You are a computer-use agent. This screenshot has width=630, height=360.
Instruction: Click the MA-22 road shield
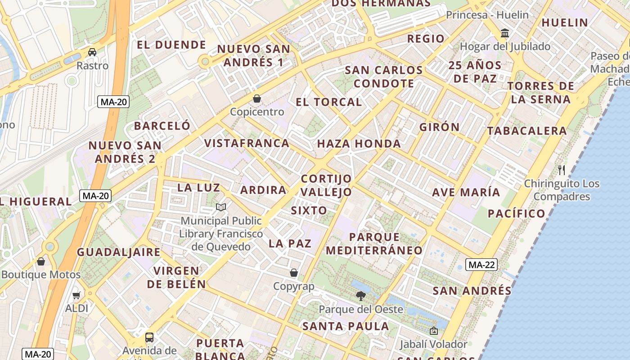(481, 265)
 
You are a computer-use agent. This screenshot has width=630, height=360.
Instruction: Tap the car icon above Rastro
(92, 52)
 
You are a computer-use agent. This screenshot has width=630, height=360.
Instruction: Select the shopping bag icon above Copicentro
(257, 98)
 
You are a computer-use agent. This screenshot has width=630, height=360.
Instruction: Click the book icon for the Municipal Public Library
(221, 207)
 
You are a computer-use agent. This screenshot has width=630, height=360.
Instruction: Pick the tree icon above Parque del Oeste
(360, 296)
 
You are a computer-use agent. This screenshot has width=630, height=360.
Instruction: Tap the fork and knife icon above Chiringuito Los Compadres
(561, 170)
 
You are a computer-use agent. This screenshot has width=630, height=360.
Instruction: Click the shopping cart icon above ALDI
(76, 295)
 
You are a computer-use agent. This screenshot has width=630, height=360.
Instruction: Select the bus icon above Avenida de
(149, 337)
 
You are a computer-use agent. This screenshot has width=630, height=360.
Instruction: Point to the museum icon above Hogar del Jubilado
(505, 33)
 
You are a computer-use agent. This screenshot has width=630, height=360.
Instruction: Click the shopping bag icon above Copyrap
(294, 273)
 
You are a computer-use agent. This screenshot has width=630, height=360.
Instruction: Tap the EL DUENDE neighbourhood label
(171, 45)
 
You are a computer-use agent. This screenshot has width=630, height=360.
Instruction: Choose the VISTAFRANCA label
(247, 143)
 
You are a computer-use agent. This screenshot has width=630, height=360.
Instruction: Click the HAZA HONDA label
(359, 144)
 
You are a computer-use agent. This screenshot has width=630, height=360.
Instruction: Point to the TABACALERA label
(527, 131)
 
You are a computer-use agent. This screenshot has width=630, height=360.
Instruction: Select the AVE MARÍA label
(466, 193)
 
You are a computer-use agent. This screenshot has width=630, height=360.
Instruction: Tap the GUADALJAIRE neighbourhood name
(118, 252)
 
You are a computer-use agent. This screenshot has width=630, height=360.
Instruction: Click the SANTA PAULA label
(345, 326)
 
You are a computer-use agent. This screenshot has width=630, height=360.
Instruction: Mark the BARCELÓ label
(162, 126)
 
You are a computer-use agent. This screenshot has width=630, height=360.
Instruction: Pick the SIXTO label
(309, 211)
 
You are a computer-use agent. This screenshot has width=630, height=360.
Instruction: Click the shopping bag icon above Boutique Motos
(41, 261)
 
